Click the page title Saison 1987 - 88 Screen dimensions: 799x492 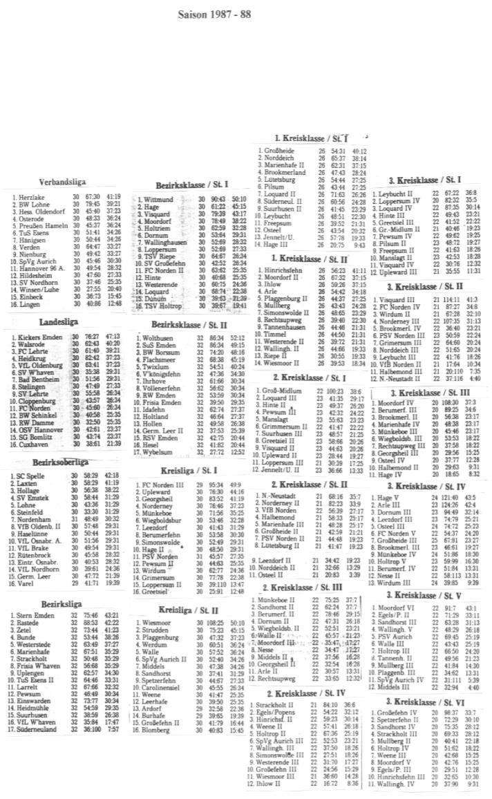click(206, 13)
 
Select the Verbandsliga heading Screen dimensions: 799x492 click(62, 182)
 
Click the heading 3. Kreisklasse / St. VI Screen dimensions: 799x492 click(424, 701)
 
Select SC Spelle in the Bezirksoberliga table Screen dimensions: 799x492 click(30, 476)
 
